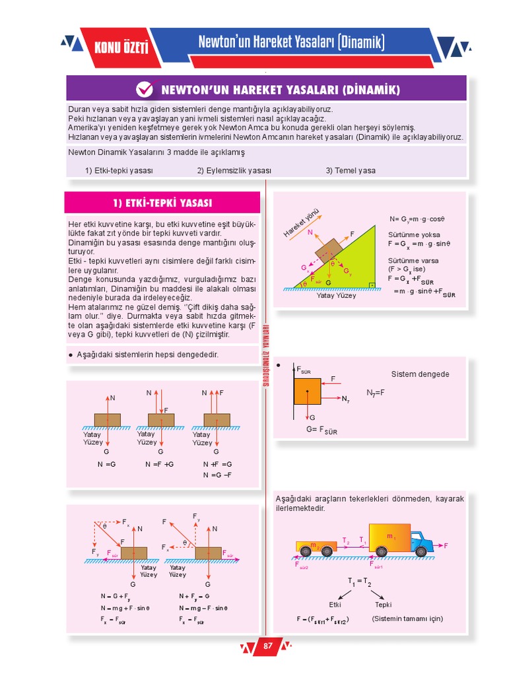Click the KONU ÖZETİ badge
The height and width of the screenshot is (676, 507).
tap(121, 48)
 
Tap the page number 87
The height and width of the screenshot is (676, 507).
tap(267, 646)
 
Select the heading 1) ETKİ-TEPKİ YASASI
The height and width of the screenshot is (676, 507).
tap(162, 203)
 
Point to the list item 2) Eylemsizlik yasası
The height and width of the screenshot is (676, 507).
tap(234, 170)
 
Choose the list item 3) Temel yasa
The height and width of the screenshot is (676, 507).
tap(350, 170)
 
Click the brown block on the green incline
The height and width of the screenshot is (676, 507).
tap(328, 250)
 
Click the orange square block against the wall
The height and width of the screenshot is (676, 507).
tap(308, 391)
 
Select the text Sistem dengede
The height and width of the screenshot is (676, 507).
tap(420, 374)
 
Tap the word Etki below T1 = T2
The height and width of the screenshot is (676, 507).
tap(335, 604)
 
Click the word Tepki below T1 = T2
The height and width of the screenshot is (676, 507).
tap(384, 604)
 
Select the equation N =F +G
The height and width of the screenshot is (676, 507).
tap(159, 464)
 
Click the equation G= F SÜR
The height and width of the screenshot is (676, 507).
tap(321, 430)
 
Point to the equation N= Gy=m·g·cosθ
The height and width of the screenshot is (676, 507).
tap(417, 219)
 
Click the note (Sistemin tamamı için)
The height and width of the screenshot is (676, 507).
tap(407, 619)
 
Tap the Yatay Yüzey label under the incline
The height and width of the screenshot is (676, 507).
tap(336, 296)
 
